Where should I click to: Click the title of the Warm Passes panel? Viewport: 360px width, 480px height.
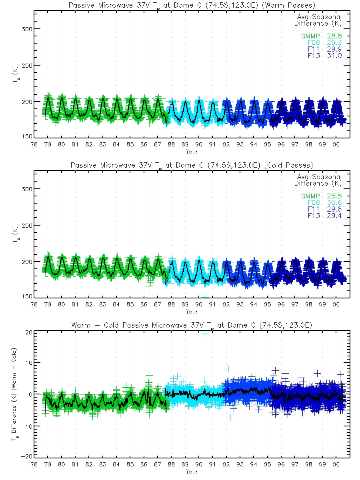[192, 6]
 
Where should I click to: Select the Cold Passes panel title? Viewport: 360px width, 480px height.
[192, 165]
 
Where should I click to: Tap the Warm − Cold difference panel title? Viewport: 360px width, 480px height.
[192, 326]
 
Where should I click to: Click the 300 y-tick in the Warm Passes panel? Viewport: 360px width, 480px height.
[28, 29]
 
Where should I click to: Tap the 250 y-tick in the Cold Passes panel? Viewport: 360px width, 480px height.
[28, 225]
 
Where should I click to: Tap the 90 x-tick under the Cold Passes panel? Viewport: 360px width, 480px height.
[199, 305]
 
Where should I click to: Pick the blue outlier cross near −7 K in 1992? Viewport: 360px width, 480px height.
[230, 417]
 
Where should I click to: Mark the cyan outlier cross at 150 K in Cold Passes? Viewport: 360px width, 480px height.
[205, 296]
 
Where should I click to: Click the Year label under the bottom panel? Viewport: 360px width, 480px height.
[192, 472]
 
